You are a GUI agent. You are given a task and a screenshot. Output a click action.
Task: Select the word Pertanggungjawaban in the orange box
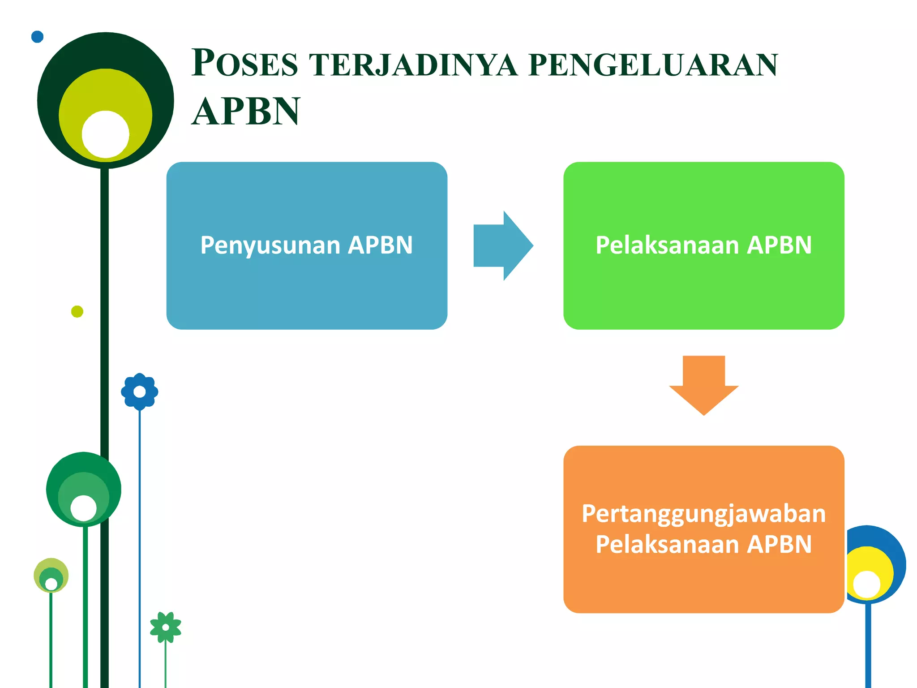point(703,513)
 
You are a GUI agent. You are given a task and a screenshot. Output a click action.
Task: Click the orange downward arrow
point(703,385)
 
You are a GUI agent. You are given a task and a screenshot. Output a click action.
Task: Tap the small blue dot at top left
point(38,37)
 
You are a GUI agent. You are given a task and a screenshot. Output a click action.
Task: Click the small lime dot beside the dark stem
point(77,311)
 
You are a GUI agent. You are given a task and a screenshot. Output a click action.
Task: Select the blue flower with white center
point(140,392)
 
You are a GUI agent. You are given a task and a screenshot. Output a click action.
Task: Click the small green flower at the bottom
point(166,627)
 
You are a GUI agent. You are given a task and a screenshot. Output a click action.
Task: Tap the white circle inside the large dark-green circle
point(106,134)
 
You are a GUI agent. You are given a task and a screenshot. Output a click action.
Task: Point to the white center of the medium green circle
point(84,508)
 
